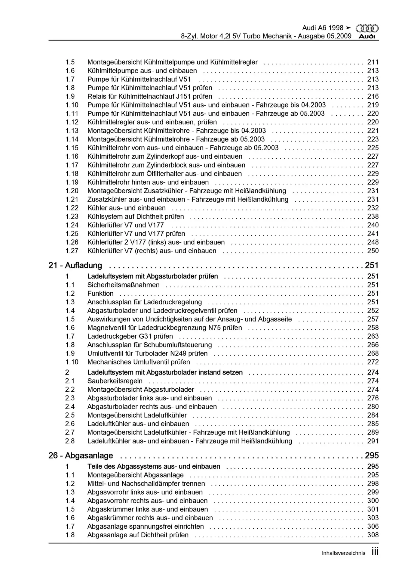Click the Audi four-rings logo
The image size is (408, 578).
point(367,28)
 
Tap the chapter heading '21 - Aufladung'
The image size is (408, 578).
point(75,265)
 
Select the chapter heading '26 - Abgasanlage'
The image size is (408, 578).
point(81,455)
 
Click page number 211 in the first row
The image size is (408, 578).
point(373,62)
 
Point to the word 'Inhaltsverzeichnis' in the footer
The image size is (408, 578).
point(343,553)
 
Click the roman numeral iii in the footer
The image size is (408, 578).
point(375,552)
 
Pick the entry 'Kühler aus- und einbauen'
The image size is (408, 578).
point(126,208)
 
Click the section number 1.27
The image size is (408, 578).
point(72,251)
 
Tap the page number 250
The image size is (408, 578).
point(373,251)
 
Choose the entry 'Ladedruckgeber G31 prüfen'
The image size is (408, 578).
point(130,336)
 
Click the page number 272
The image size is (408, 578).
point(373,362)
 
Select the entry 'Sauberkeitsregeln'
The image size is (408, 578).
point(115,381)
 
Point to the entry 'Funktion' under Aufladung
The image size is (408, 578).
point(100,294)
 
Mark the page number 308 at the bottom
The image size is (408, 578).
point(373,535)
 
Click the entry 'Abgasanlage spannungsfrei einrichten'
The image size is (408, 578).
point(146,527)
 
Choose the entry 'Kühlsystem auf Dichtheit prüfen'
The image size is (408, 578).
point(136,216)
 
